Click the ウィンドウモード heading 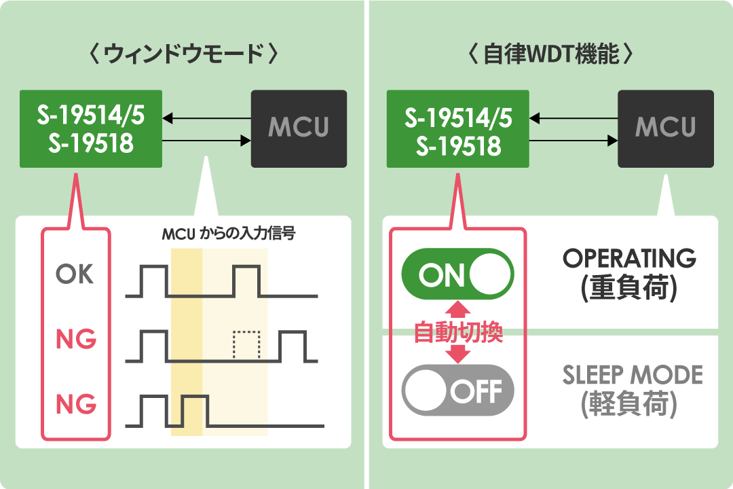[183, 54]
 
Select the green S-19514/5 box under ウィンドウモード [91, 128]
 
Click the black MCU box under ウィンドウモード [299, 128]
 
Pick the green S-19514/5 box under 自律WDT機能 [457, 128]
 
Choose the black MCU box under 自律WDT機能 [666, 128]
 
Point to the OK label [75, 274]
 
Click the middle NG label [76, 339]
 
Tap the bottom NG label [76, 404]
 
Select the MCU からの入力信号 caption [229, 233]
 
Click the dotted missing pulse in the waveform [246, 346]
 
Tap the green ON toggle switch [457, 274]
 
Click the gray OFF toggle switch [457, 390]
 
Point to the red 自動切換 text [458, 332]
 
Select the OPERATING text [629, 258]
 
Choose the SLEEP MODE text [633, 375]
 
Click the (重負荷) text [628, 288]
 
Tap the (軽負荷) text [628, 404]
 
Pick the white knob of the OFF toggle [426, 390]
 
